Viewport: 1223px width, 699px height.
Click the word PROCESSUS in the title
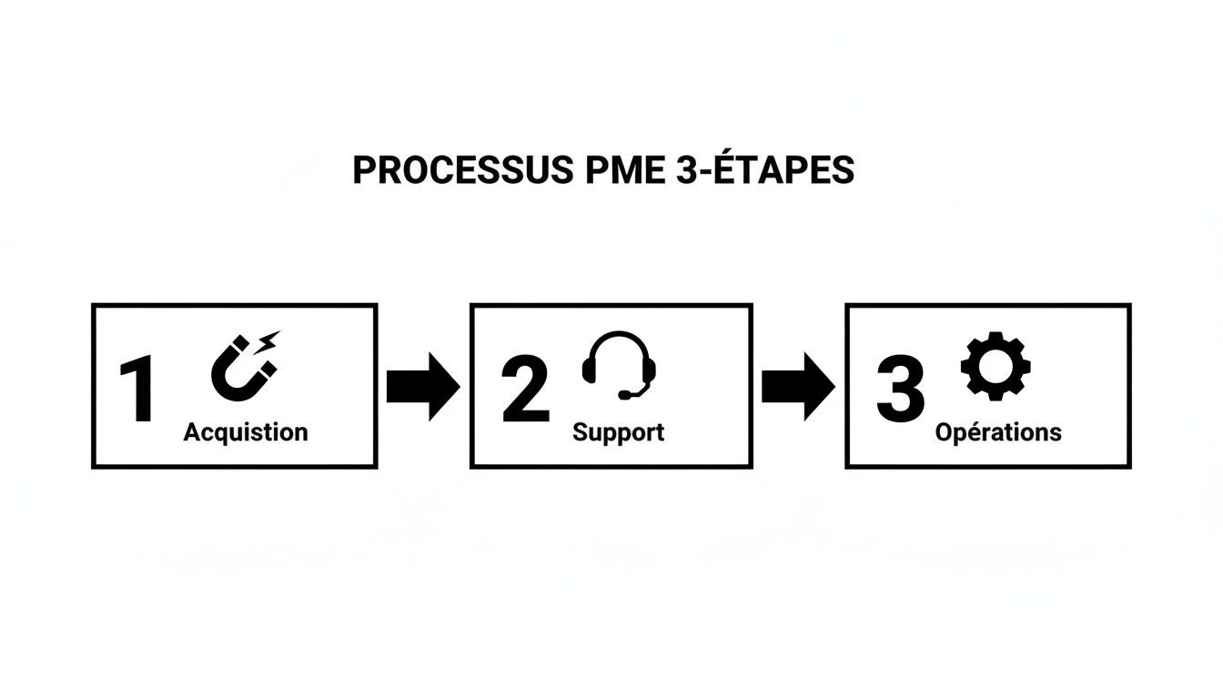(x=462, y=170)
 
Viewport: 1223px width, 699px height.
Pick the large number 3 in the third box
(x=900, y=390)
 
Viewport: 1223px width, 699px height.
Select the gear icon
(x=996, y=366)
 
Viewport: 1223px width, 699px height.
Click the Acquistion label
(x=246, y=431)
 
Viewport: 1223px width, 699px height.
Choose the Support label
(x=618, y=431)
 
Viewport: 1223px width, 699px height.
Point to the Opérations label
(x=998, y=431)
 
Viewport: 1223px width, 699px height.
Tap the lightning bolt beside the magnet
(x=270, y=343)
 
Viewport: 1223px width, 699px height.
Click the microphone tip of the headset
(x=624, y=396)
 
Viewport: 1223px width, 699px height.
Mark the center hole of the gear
(x=996, y=366)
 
